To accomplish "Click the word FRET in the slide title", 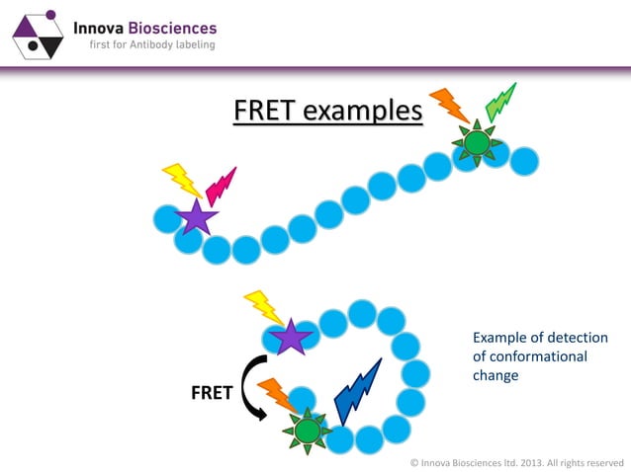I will point(265,111).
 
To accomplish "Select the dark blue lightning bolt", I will point(357,389).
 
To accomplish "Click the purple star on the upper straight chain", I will point(196,217).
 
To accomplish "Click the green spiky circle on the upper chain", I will point(477,144).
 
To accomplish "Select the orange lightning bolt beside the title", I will point(450,106).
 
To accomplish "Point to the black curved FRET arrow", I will point(253,386).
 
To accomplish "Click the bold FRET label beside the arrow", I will point(211,393).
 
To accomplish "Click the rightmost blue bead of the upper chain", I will point(524,160).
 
